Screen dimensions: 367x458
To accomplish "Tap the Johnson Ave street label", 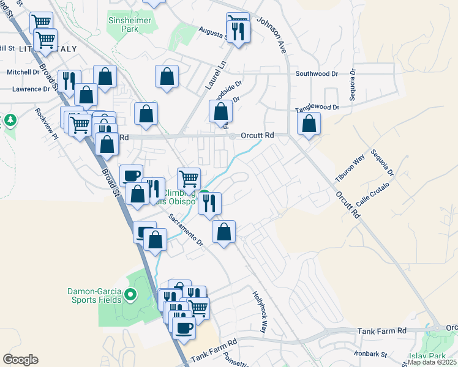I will tap(275, 36).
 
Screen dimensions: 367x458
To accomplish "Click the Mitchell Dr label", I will tap(23, 72).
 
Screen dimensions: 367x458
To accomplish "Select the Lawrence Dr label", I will tap(31, 89).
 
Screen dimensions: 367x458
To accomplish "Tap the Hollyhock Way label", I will tap(260, 311).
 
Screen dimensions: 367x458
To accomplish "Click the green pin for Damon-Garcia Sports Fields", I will tap(130, 296).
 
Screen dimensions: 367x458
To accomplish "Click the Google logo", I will tap(20, 360).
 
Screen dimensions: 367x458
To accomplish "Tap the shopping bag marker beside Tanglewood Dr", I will tap(309, 124).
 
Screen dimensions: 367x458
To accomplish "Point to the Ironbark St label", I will tap(371, 354).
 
